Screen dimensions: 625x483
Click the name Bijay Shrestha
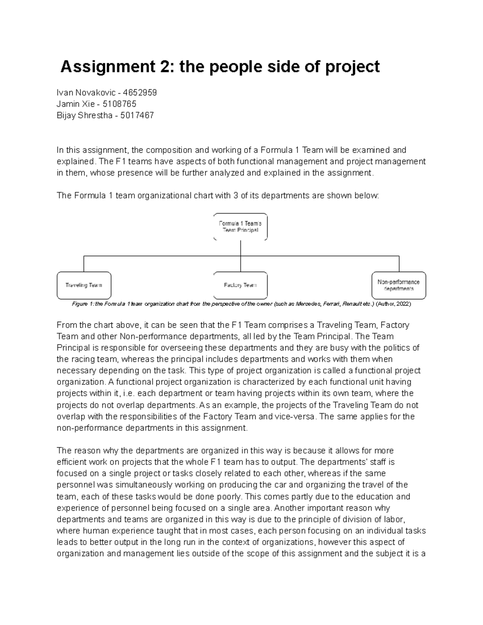84,116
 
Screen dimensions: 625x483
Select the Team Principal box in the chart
240,227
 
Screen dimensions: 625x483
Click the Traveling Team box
84,285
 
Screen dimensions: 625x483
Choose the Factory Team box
240,285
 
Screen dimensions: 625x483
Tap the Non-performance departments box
398,285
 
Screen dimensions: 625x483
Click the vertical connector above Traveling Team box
84,264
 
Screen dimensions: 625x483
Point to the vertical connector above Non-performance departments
399,264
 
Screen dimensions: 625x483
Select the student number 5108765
120,104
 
